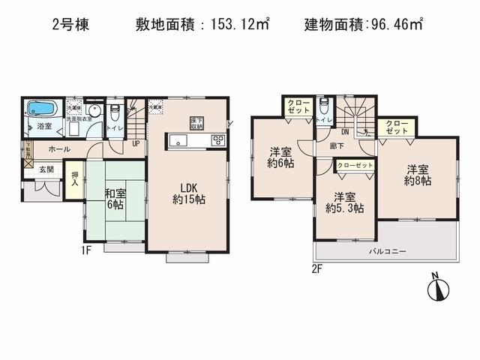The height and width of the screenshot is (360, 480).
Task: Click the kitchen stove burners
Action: (218, 139)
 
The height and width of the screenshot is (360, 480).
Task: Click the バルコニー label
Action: (387, 252)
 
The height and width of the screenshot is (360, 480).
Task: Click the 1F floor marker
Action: (86, 250)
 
